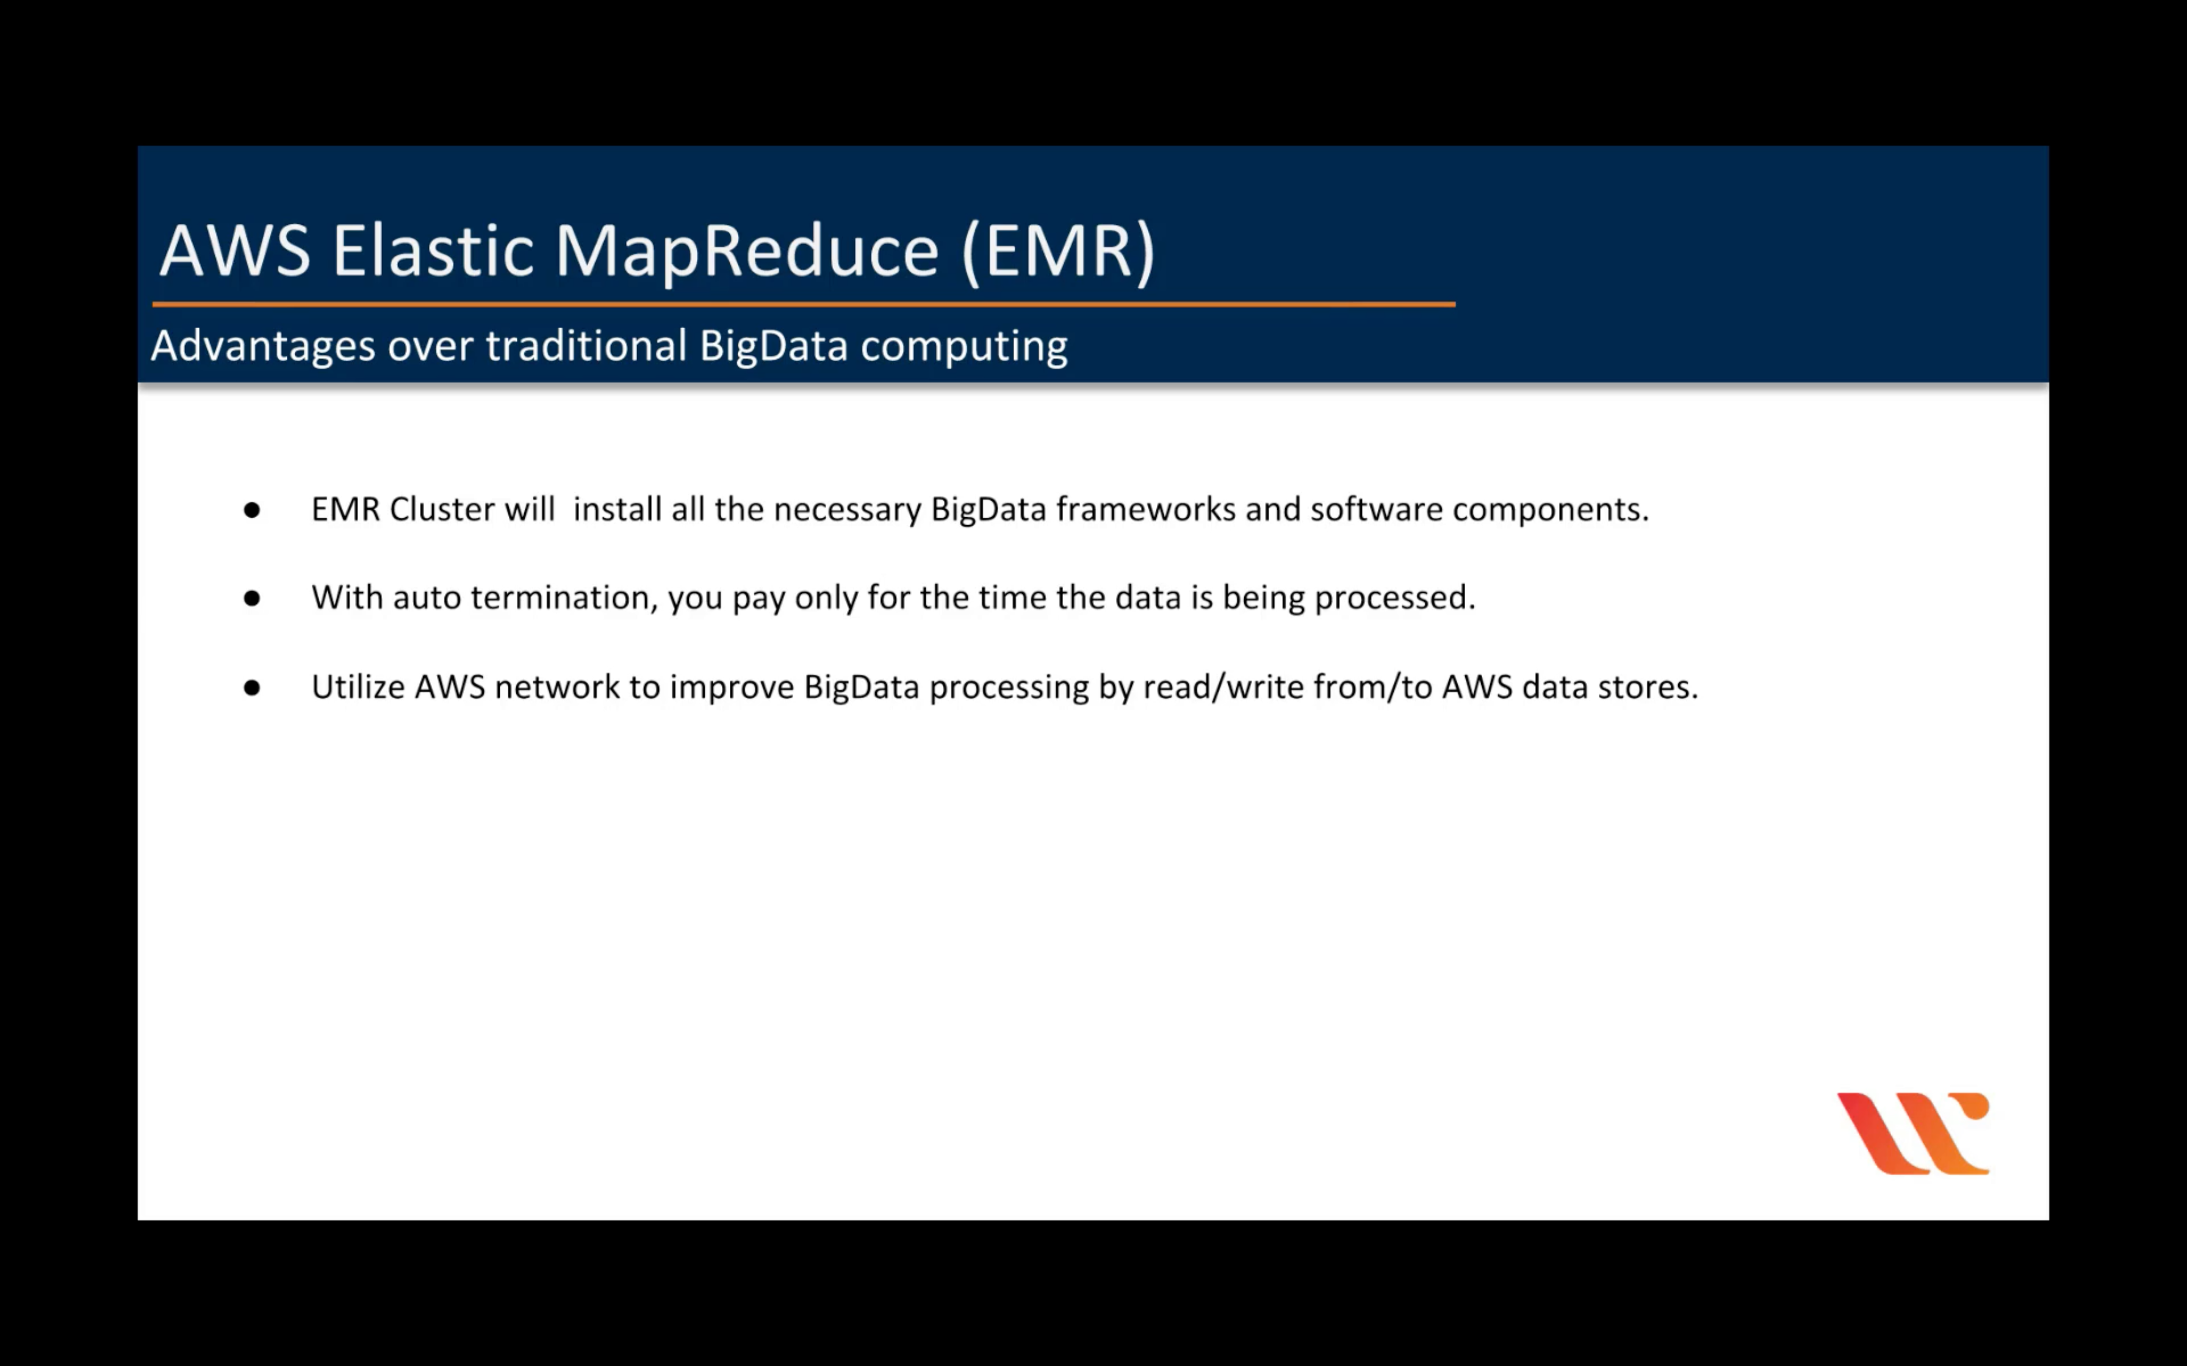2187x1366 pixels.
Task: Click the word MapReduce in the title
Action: tap(746, 252)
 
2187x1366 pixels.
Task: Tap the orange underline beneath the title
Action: tap(804, 304)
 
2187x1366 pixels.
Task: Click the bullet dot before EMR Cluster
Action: tap(252, 510)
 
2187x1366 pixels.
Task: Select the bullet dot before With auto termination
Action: tap(252, 598)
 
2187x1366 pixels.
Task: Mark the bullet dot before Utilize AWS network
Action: tap(252, 687)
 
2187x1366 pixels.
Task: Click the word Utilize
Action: tap(359, 687)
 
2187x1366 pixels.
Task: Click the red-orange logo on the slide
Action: tap(1913, 1134)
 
